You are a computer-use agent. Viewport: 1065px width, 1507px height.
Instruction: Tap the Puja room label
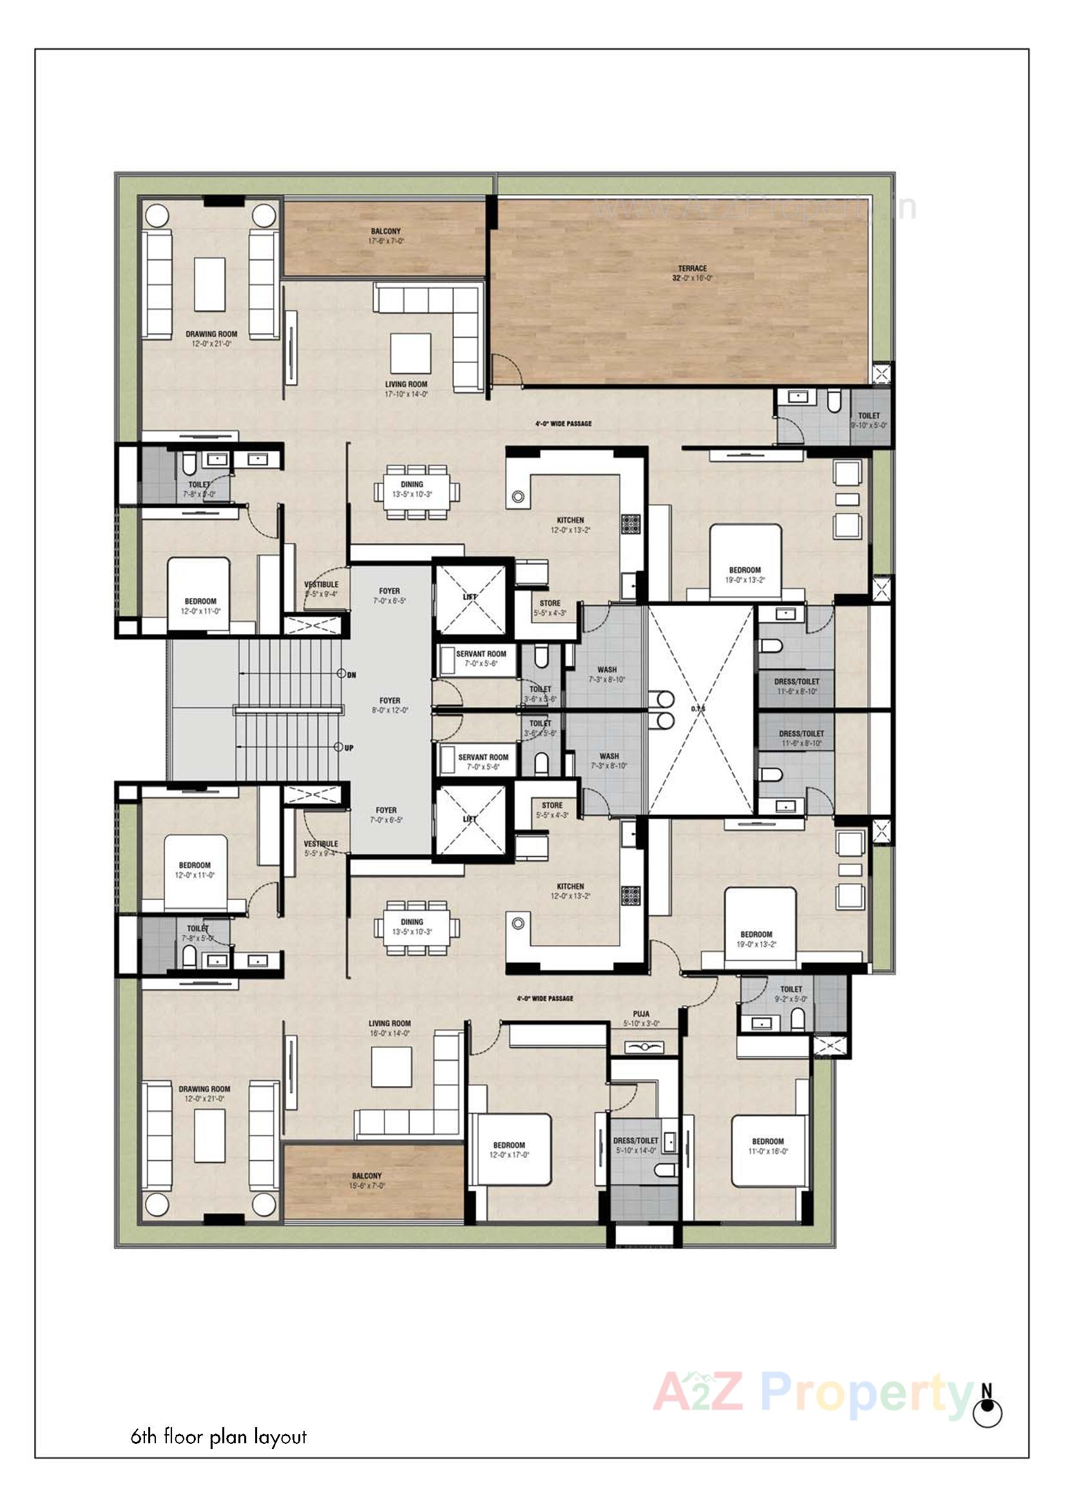click(641, 1018)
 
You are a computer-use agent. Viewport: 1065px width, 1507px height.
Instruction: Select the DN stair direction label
click(351, 675)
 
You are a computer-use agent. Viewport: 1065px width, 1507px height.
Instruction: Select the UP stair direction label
click(349, 748)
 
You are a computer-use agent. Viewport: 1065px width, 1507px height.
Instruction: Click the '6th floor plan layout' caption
click(218, 1437)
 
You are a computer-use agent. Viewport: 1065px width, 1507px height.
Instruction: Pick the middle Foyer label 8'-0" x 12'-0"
click(390, 705)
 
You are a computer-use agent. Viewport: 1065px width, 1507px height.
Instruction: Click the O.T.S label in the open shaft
click(698, 709)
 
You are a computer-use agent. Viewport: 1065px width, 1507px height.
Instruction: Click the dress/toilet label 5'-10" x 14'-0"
click(635, 1145)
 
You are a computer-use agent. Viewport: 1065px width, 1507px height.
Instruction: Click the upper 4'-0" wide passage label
click(563, 424)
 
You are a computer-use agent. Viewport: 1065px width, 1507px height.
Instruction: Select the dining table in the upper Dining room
click(417, 491)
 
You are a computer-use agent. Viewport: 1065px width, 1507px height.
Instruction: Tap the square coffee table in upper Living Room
click(411, 353)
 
